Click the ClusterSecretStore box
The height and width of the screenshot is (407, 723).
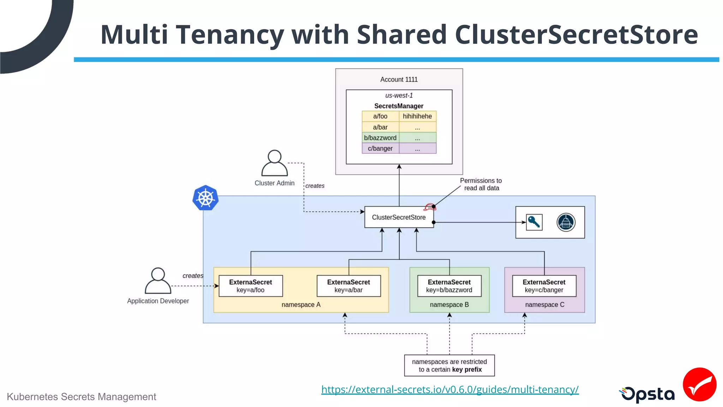(x=399, y=217)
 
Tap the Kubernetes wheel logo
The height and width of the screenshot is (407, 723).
(x=205, y=198)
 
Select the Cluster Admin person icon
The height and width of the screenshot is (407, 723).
(x=274, y=163)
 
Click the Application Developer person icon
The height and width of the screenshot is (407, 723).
(x=158, y=281)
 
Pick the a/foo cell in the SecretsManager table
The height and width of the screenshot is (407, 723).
(x=380, y=116)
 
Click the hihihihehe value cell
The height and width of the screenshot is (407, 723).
(x=417, y=116)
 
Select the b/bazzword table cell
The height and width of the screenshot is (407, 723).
(x=380, y=138)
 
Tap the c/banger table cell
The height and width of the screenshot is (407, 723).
(x=380, y=148)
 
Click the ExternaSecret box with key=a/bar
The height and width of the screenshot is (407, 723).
(x=348, y=286)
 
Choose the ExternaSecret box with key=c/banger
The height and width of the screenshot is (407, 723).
(x=544, y=286)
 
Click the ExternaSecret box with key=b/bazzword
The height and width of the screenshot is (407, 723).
(x=449, y=286)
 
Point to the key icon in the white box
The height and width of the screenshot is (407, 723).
(x=534, y=222)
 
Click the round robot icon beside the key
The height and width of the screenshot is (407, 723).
(x=566, y=222)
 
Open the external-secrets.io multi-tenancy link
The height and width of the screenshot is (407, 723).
(x=450, y=389)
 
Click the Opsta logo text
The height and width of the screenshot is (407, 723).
(x=648, y=394)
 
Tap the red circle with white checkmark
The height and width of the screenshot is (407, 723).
(x=699, y=384)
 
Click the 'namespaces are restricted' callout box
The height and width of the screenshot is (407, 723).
(x=449, y=365)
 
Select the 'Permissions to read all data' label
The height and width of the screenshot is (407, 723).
(x=481, y=184)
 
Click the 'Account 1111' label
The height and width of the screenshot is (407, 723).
(x=399, y=79)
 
